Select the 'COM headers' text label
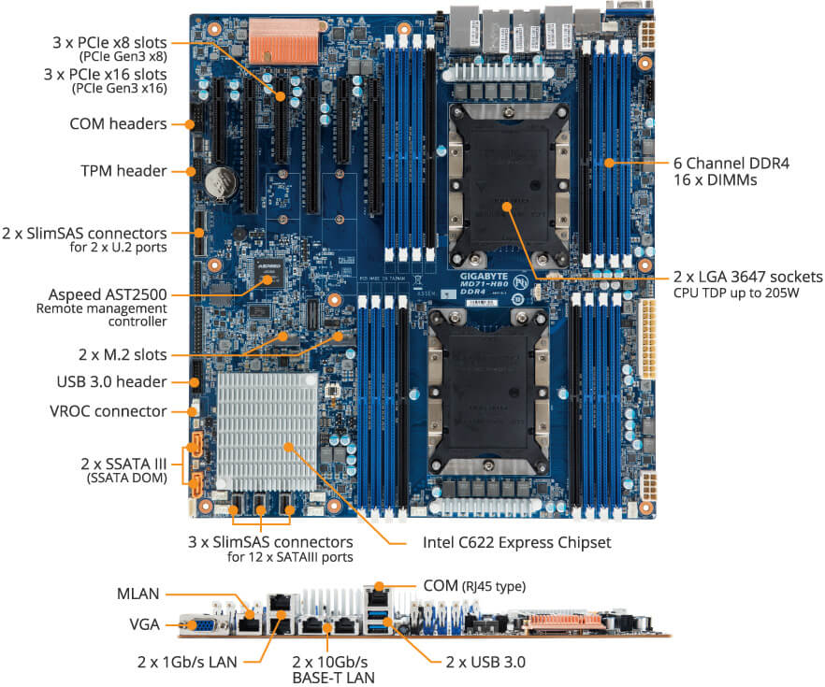(x=118, y=123)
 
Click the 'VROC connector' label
(x=109, y=410)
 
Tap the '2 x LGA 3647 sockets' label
(x=747, y=277)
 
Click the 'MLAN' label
(x=139, y=593)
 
